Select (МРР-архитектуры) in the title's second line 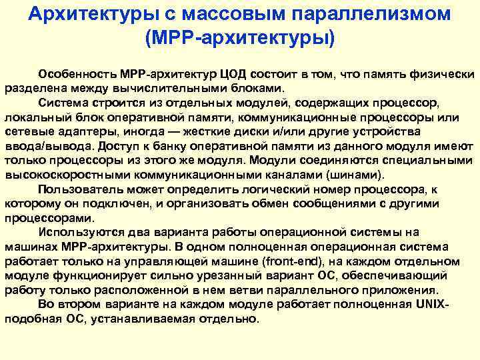(240, 36)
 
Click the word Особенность (77, 74)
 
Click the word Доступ (113, 147)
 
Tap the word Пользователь (79, 190)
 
